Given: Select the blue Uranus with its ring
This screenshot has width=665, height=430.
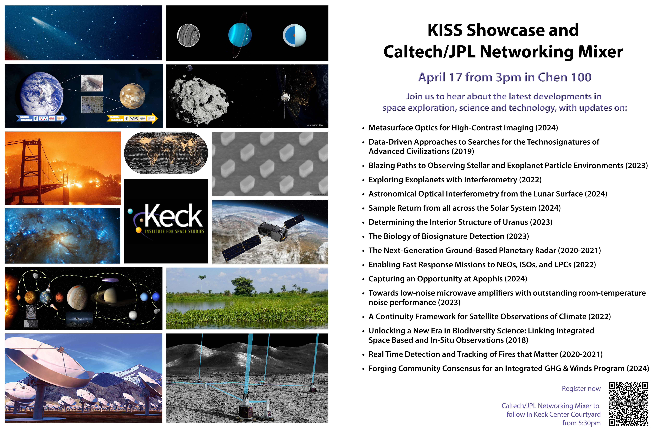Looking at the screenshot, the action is [240, 35].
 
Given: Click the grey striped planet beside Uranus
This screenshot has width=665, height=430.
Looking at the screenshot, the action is [188, 35].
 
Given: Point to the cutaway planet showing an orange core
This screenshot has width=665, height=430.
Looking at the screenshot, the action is [295, 35].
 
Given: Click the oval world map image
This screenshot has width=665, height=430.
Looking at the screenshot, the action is [166, 153].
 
